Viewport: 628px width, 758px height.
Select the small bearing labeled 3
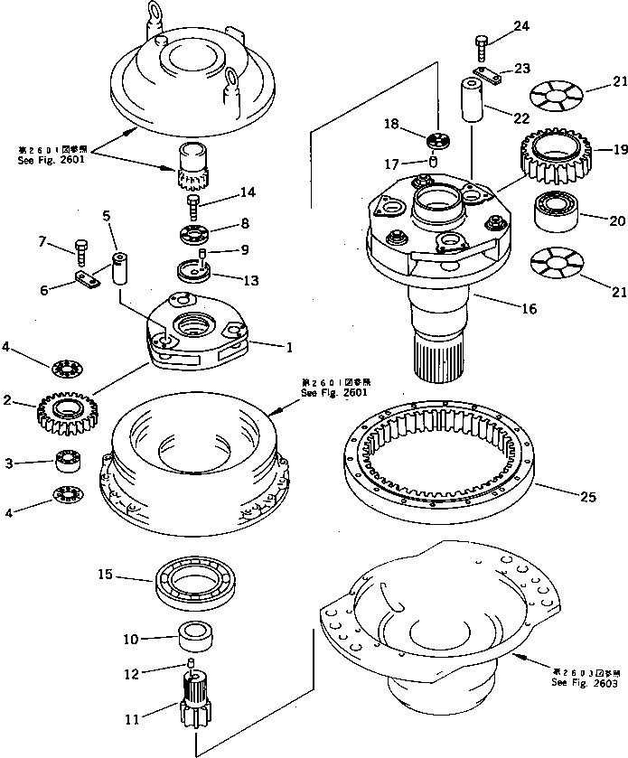pyautogui.click(x=68, y=462)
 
